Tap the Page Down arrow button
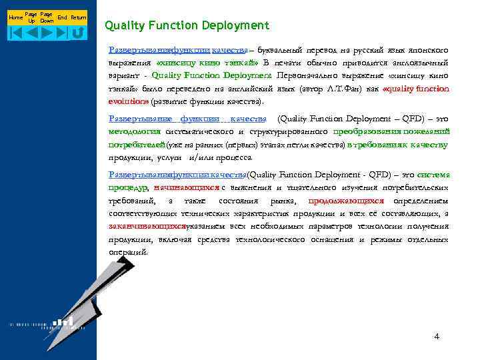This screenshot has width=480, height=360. click(47, 31)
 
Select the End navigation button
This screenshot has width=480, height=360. click(62, 31)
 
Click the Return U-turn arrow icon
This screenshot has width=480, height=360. click(78, 31)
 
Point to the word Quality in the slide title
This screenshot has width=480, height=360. click(125, 26)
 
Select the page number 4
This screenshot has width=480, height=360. click(437, 336)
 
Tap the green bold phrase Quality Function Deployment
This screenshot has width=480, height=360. click(211, 75)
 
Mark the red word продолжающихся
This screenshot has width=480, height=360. click(346, 201)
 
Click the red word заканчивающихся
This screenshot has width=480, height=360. click(147, 227)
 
